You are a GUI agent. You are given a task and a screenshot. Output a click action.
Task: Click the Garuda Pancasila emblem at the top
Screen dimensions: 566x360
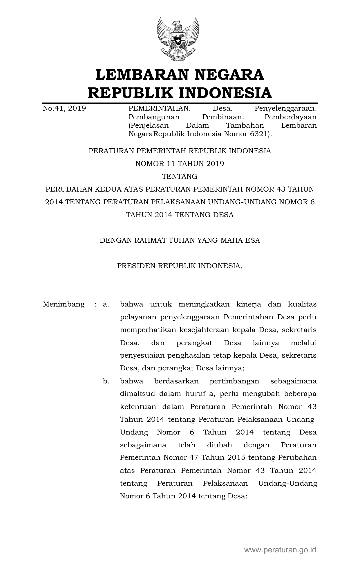click(178, 39)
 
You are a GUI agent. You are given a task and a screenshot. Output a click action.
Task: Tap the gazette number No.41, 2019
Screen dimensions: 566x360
click(64, 109)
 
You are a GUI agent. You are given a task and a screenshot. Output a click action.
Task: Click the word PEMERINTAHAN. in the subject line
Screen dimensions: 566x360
click(159, 109)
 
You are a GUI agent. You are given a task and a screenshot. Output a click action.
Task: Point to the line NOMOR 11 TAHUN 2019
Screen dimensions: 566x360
click(180, 164)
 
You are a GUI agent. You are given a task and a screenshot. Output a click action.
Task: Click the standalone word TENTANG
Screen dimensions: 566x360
click(180, 176)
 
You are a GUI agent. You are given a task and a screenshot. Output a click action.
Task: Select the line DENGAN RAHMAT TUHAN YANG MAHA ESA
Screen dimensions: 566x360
click(180, 240)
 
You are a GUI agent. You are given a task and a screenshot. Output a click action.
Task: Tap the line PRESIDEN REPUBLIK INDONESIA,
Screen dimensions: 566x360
click(180, 266)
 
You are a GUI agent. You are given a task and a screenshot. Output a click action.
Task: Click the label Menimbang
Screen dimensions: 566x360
click(64, 304)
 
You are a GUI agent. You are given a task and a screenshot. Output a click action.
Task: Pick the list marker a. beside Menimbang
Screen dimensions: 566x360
click(106, 304)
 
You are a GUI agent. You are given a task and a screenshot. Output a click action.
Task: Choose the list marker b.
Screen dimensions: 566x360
click(106, 381)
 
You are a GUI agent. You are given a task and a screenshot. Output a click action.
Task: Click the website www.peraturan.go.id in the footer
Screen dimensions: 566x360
click(280, 549)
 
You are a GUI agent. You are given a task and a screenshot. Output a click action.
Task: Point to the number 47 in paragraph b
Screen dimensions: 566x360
click(193, 458)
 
